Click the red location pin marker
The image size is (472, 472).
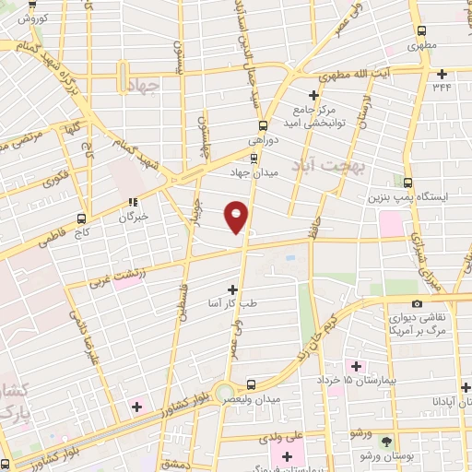pyautogui.click(x=236, y=217)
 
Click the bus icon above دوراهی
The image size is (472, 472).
pyautogui.click(x=263, y=125)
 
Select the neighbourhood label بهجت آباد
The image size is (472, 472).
pyautogui.click(x=329, y=167)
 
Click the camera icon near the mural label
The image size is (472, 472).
pyautogui.click(x=417, y=304)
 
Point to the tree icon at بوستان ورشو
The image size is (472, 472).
pyautogui.click(x=386, y=442)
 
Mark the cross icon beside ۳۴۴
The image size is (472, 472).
pyautogui.click(x=442, y=74)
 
